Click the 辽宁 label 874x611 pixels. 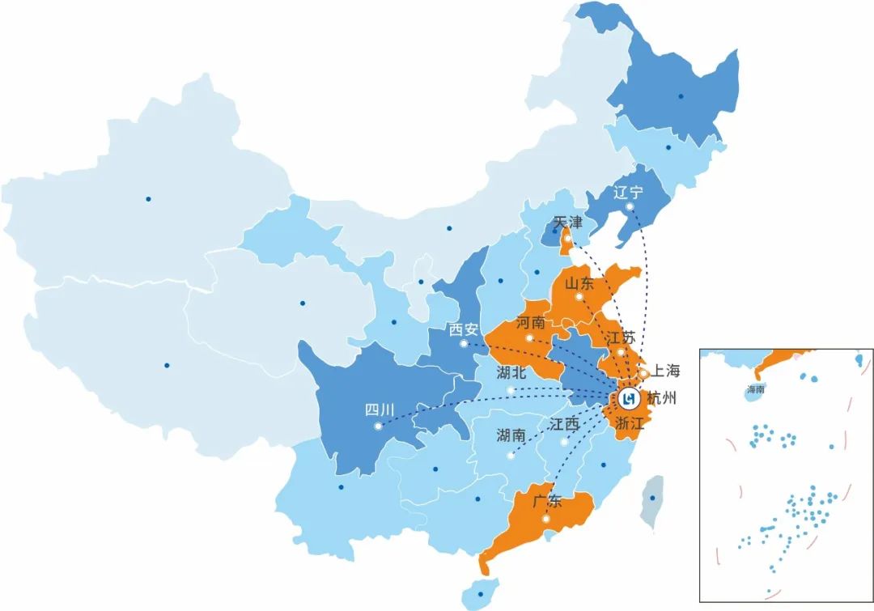pyautogui.click(x=628, y=193)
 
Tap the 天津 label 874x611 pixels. pyautogui.click(x=567, y=222)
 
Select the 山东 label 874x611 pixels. pyautogui.click(x=579, y=284)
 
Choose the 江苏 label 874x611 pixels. pyautogui.click(x=621, y=336)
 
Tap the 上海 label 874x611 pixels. pyautogui.click(x=666, y=371)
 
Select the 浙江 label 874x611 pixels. pyautogui.click(x=629, y=423)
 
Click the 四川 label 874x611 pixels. pyautogui.click(x=378, y=409)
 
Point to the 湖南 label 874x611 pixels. pyautogui.click(x=511, y=436)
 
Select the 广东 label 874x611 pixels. pyautogui.click(x=547, y=501)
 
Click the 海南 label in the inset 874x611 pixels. pyautogui.click(x=756, y=390)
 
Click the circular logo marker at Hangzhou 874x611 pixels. pyautogui.click(x=630, y=398)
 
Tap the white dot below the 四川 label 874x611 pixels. pyautogui.click(x=378, y=426)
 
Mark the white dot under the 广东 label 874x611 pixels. pyautogui.click(x=547, y=519)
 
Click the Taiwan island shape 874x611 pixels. pyautogui.click(x=650, y=502)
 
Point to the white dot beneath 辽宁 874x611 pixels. pyautogui.click(x=629, y=207)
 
